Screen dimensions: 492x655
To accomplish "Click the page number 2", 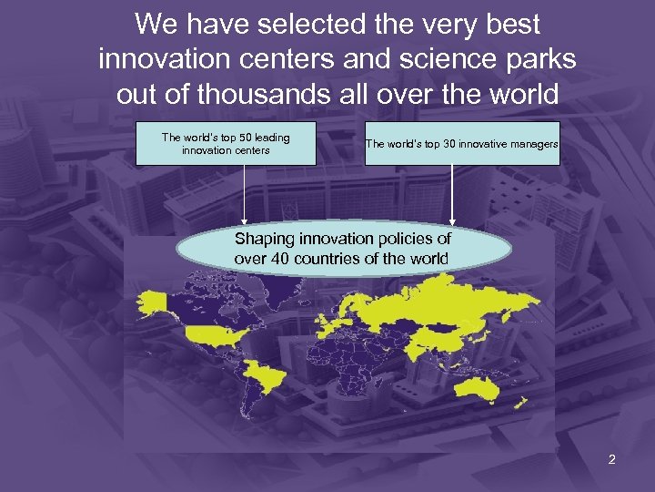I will click(x=611, y=459).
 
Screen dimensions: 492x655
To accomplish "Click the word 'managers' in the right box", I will click(x=529, y=144).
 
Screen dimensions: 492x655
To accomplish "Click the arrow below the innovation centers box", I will click(x=244, y=195).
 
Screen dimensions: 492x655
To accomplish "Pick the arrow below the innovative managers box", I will click(x=452, y=195).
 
